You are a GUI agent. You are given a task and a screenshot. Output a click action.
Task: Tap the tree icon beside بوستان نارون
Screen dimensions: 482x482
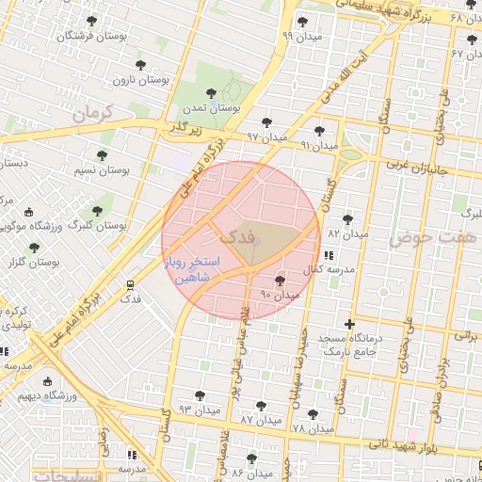click(140, 65)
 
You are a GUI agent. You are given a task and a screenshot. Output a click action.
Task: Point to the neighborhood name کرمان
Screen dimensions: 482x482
click(90, 113)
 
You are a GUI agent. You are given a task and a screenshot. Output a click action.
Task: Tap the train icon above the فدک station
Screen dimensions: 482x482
click(130, 283)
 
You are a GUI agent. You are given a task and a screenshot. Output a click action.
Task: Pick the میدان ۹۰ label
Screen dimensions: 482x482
click(280, 295)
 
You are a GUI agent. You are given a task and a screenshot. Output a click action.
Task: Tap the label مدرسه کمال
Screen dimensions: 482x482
click(328, 270)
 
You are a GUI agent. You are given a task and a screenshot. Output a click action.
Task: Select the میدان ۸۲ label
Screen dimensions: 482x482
click(346, 233)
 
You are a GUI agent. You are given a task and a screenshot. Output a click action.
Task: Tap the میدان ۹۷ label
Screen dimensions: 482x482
click(266, 137)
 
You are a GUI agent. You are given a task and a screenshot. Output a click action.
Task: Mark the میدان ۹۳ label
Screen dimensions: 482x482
click(199, 410)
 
